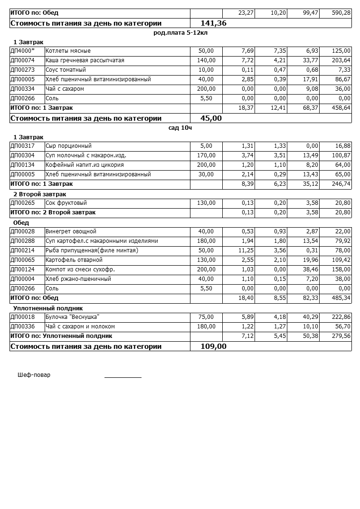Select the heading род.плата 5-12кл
click(180, 33)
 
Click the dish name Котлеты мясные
click(68, 51)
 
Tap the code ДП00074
click(22, 60)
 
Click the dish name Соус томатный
click(66, 70)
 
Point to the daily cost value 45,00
click(211, 118)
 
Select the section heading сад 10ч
click(180, 128)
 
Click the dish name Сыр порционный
click(68, 146)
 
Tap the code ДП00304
click(22, 155)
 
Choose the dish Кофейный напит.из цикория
click(85, 165)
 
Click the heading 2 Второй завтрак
click(39, 194)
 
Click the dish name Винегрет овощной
click(71, 231)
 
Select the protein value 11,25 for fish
click(241, 250)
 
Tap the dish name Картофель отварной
click(74, 260)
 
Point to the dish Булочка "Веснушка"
click(72, 317)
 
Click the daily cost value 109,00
click(213, 346)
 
